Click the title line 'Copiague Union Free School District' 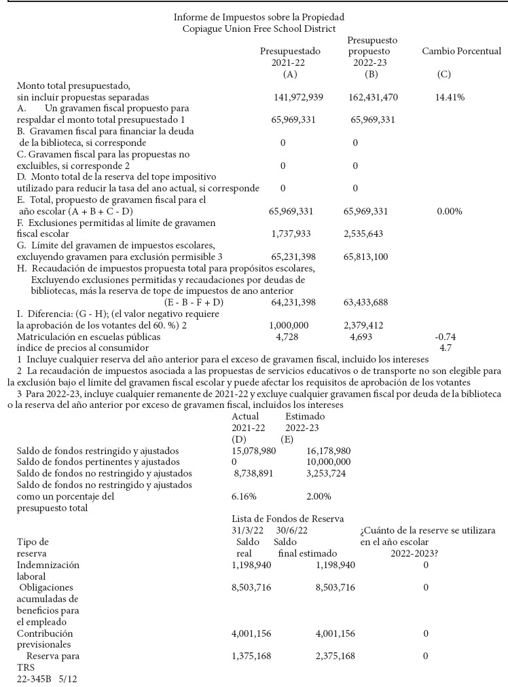coord(259,29)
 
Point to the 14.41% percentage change coord(450,97)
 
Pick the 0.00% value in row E coord(449,211)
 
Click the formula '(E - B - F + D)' coord(194,301)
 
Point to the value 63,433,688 coord(367,301)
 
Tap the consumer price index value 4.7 coord(446,348)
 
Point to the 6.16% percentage coord(244,496)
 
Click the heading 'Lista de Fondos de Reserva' coord(287,519)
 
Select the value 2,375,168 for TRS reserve coord(335,656)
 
